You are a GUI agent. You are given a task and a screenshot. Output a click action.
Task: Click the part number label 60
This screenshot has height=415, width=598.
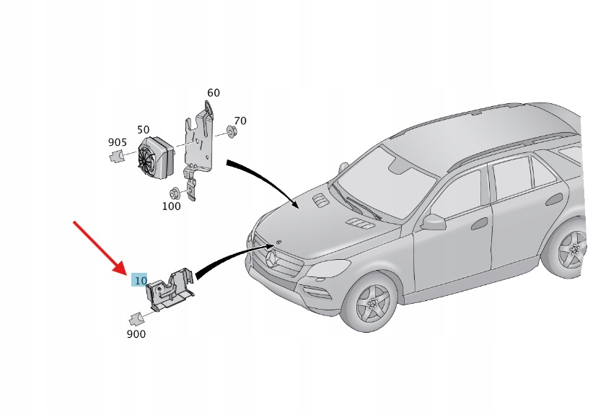coord(214,93)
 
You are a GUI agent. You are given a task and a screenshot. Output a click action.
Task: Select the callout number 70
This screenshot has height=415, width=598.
coord(240,121)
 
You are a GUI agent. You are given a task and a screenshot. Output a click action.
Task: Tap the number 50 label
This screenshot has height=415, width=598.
coord(144,129)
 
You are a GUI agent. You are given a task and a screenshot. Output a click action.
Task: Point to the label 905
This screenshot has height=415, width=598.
coord(118,143)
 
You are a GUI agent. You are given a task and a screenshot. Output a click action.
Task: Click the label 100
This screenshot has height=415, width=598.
coord(171,206)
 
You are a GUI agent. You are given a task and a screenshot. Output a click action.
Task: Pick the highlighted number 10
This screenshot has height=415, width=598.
coord(141,280)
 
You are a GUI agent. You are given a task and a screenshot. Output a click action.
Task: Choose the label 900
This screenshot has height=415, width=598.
coord(136,334)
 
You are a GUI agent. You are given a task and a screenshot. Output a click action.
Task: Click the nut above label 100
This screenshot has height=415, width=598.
coord(174,193)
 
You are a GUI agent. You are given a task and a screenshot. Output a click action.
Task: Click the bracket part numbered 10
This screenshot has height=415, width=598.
coord(170,289)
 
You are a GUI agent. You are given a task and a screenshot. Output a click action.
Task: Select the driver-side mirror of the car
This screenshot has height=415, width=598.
coord(434,221)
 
